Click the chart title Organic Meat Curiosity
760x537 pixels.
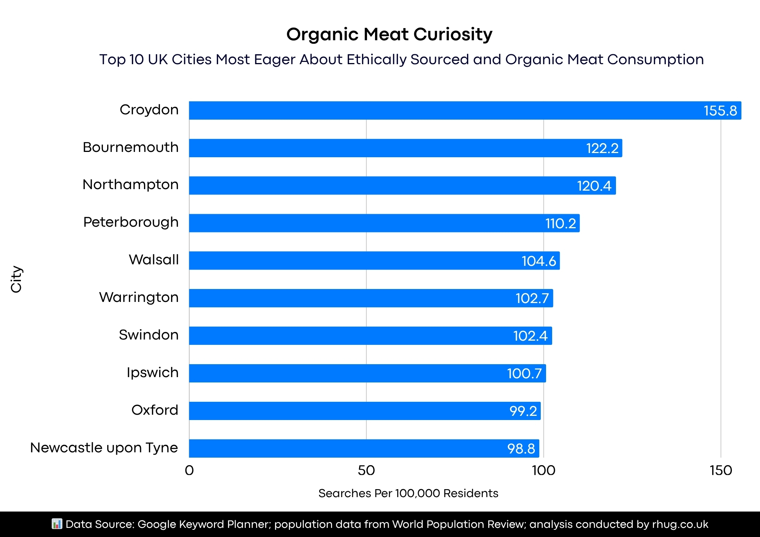tap(389, 34)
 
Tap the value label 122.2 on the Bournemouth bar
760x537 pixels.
tap(602, 148)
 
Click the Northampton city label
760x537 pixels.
tap(130, 185)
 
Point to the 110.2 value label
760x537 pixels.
tap(560, 223)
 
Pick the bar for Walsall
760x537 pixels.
tap(374, 261)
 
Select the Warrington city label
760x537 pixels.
tap(139, 297)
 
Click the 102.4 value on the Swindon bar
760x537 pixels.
tap(530, 336)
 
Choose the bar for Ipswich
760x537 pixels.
tap(367, 373)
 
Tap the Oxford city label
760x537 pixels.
tap(155, 410)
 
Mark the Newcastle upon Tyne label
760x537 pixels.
tap(104, 448)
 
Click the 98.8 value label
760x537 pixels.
tap(521, 449)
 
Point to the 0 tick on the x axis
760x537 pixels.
tap(189, 471)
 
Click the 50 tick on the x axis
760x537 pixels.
tap(366, 471)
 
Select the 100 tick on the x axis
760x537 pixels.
tap(543, 471)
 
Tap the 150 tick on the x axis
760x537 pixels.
tap(721, 471)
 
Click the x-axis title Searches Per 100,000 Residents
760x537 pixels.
tap(408, 493)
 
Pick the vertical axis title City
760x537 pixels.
tap(16, 279)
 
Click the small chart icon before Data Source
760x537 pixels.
tap(57, 524)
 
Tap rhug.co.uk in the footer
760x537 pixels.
tap(680, 524)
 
